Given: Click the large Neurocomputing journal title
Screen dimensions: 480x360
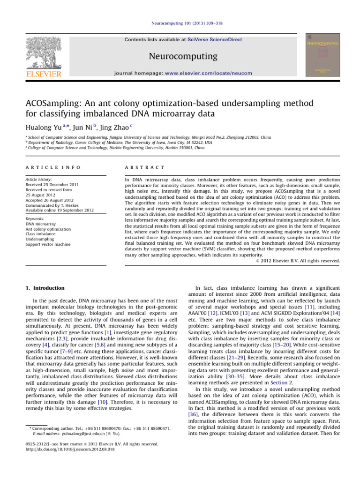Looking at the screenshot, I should click(x=180, y=57).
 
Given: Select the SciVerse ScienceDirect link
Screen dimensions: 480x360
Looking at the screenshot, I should click(x=215, y=40).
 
